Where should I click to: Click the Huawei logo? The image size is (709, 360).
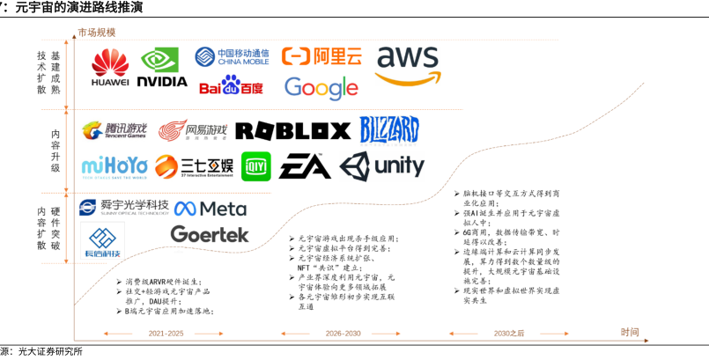point(110,67)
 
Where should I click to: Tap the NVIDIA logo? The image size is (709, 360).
point(164,67)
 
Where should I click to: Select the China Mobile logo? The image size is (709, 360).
point(233,57)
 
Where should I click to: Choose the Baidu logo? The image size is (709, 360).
point(231,85)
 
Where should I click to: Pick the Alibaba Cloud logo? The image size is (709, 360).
point(321,56)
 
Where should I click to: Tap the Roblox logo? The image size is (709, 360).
point(292,131)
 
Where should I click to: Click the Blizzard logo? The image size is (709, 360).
point(389,130)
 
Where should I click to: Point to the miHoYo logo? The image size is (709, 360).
point(113,165)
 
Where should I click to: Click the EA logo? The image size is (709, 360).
point(305,165)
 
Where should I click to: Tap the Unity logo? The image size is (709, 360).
point(381,165)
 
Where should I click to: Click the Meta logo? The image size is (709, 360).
point(210,209)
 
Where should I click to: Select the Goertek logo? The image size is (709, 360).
point(209,234)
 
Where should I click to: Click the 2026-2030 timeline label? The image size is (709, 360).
point(343,334)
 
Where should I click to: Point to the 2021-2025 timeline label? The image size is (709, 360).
point(166,334)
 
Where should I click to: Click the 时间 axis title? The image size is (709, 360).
point(630,332)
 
